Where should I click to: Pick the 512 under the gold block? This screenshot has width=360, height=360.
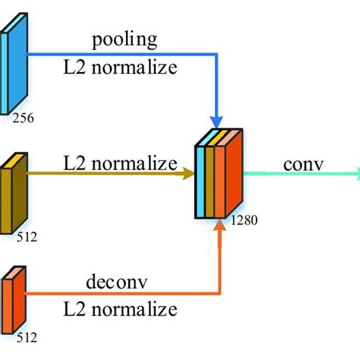(x=26, y=236)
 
